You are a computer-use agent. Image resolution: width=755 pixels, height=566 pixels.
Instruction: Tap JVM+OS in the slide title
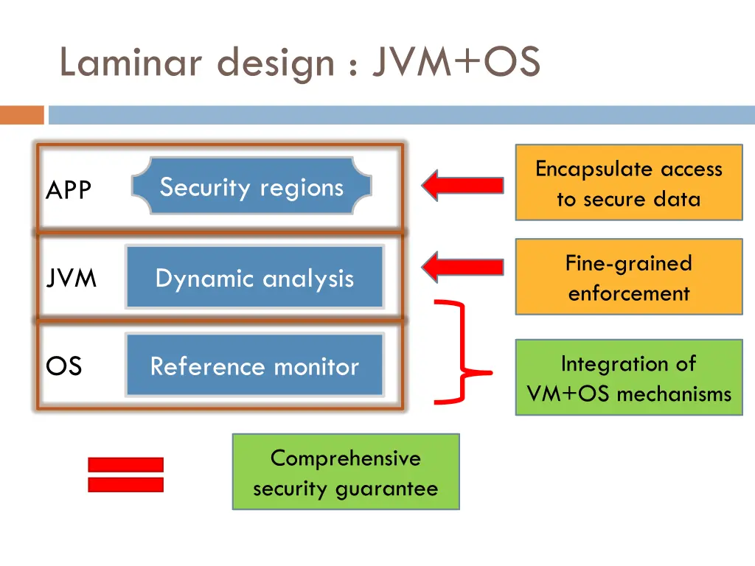pos(456,63)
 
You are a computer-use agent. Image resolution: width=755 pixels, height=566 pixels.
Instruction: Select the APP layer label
pos(69,191)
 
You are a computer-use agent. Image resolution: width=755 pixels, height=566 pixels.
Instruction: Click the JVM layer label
pos(71,279)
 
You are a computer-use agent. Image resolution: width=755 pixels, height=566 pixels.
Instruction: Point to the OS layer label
pos(64,366)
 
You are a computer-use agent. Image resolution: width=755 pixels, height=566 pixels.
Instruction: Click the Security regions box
pos(251,186)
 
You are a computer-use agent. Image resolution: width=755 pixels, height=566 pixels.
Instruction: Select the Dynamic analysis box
pos(254,278)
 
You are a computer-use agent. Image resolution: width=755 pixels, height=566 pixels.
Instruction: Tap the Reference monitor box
pos(254,366)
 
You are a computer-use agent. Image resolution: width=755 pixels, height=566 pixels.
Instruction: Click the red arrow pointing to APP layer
pos(462,186)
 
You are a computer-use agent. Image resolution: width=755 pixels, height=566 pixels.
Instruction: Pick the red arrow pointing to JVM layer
pos(462,267)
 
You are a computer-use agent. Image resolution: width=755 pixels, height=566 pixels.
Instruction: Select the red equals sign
pos(125,475)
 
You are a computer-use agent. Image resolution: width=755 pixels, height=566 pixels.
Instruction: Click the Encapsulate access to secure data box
pos(628,183)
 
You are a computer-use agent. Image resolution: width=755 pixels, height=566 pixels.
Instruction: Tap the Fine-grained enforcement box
pos(628,277)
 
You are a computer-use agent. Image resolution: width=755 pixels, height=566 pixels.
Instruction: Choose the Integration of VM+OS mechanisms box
pos(628,377)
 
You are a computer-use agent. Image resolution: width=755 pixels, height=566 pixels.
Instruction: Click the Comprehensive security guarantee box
pos(345,472)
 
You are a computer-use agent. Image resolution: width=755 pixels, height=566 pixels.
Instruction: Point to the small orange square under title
pos(21,115)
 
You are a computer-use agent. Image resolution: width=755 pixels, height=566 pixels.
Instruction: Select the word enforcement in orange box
pos(628,293)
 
